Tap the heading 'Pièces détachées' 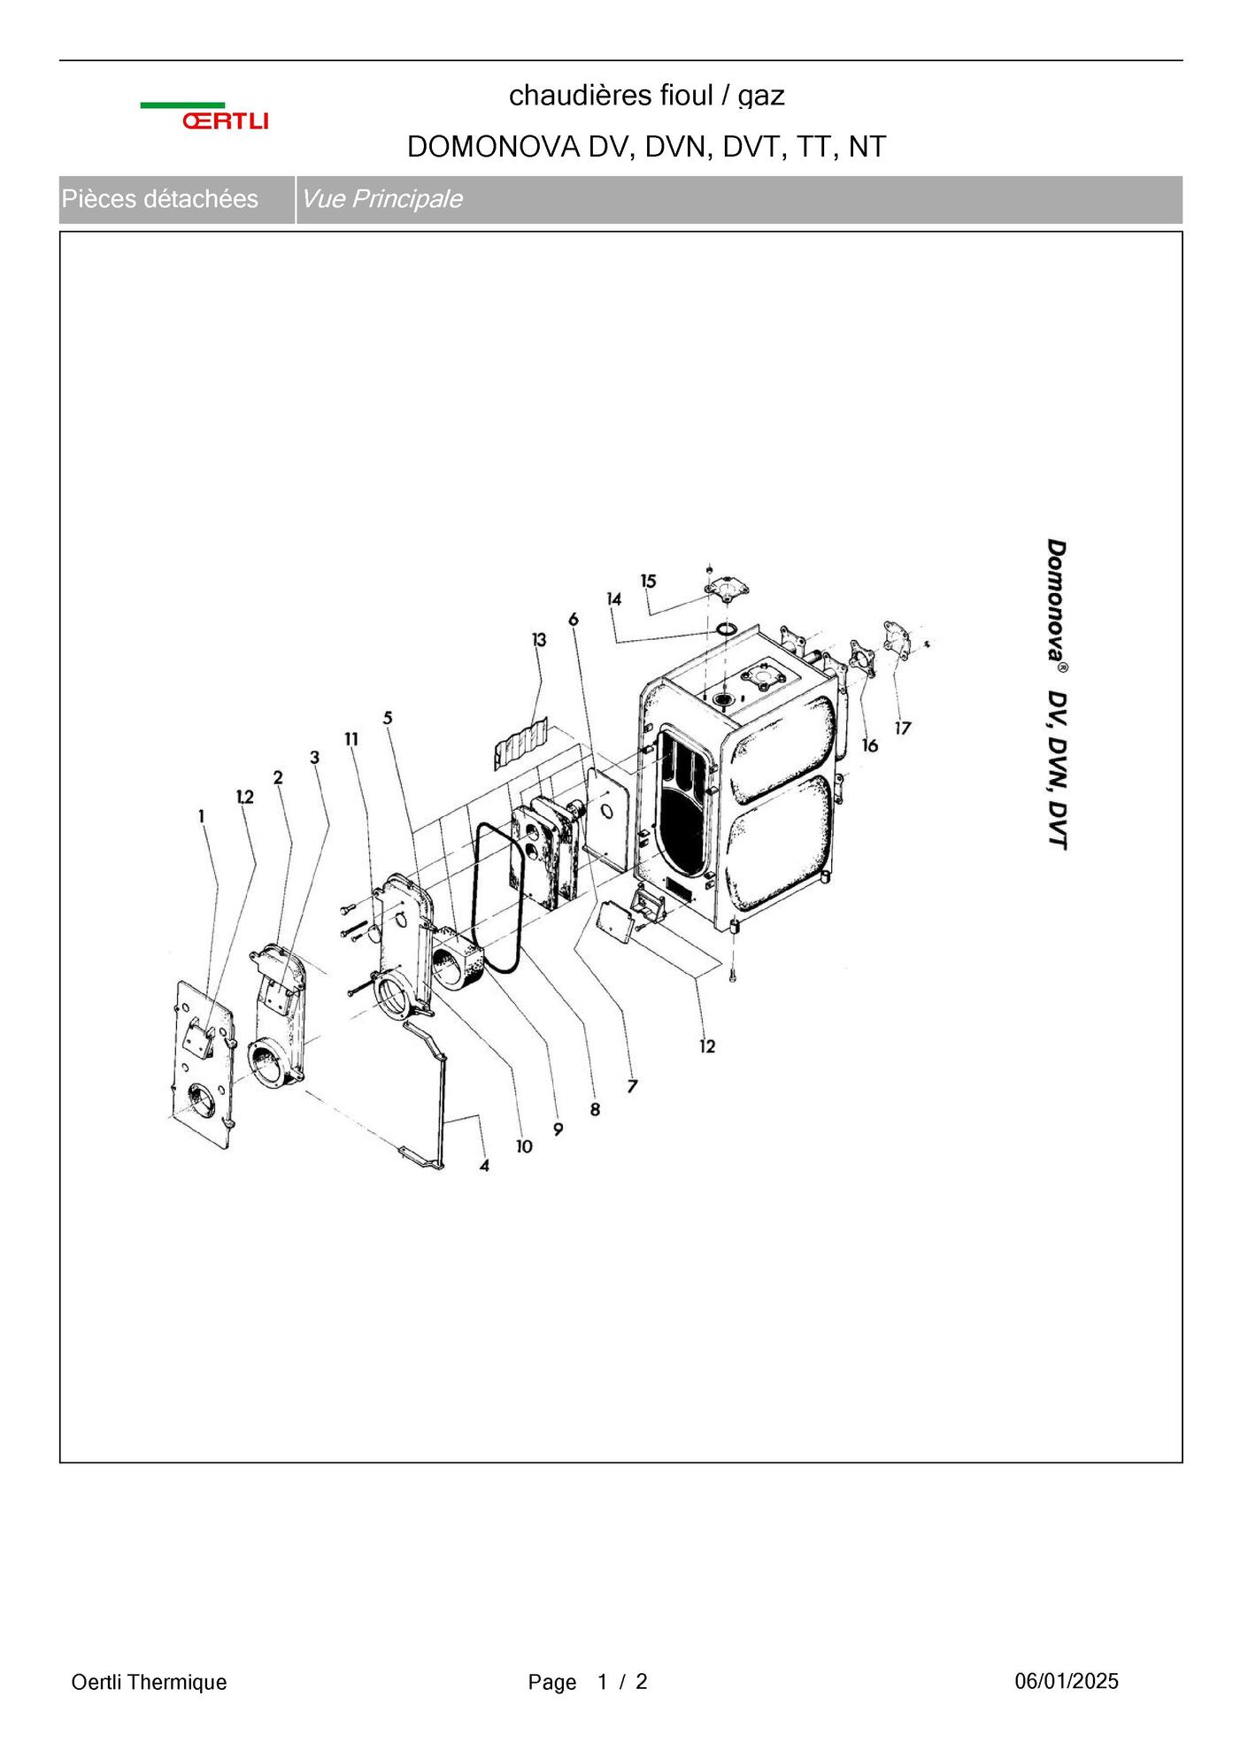(159, 199)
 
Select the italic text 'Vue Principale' (381, 199)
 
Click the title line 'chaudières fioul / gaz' (647, 96)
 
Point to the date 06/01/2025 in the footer (1067, 1681)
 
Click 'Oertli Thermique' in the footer (149, 1682)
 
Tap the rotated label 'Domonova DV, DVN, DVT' (1057, 694)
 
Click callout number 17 (902, 728)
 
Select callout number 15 (649, 581)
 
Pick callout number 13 (539, 639)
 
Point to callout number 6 (574, 619)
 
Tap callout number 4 (484, 1166)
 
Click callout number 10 (524, 1146)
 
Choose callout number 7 (632, 1085)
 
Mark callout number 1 (202, 815)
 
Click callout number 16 (870, 745)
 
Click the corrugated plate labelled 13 (521, 742)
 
